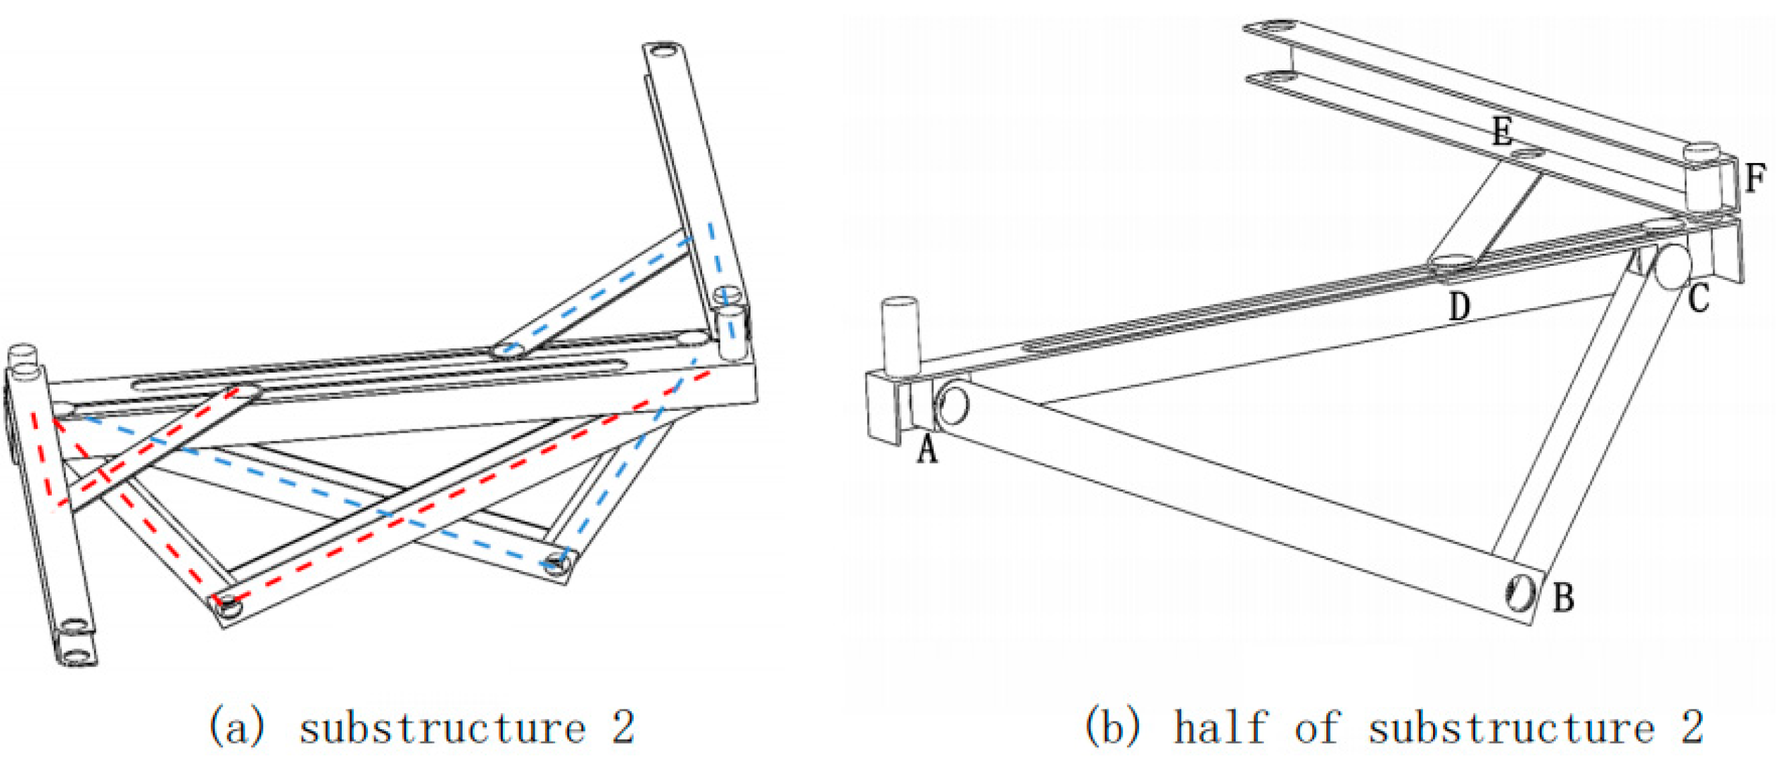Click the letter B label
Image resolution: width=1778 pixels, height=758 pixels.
click(x=1563, y=597)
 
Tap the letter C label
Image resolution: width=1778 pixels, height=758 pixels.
click(x=1699, y=299)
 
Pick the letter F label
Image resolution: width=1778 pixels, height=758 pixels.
click(x=1756, y=178)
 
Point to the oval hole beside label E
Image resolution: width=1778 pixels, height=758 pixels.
click(x=1528, y=153)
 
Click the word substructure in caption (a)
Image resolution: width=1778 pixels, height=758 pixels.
click(x=441, y=727)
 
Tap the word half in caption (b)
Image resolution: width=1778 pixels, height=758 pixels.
click(x=1222, y=727)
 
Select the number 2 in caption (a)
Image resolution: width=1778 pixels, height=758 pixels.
click(x=622, y=727)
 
